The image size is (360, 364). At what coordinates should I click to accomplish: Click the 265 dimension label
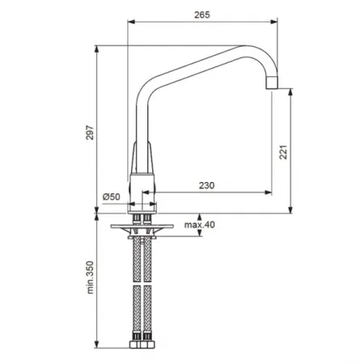[202, 15]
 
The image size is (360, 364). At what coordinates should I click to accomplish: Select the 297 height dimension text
[90, 132]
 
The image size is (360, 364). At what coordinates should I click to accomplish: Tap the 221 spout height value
[283, 152]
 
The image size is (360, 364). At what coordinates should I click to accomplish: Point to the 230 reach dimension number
[206, 185]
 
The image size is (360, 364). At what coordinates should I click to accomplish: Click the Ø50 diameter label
[111, 197]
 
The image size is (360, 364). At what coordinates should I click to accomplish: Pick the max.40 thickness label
[200, 225]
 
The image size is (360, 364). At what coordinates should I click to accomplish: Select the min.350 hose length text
[90, 277]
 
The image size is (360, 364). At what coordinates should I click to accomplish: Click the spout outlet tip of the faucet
[272, 83]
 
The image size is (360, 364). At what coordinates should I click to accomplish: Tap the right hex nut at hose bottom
[147, 345]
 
